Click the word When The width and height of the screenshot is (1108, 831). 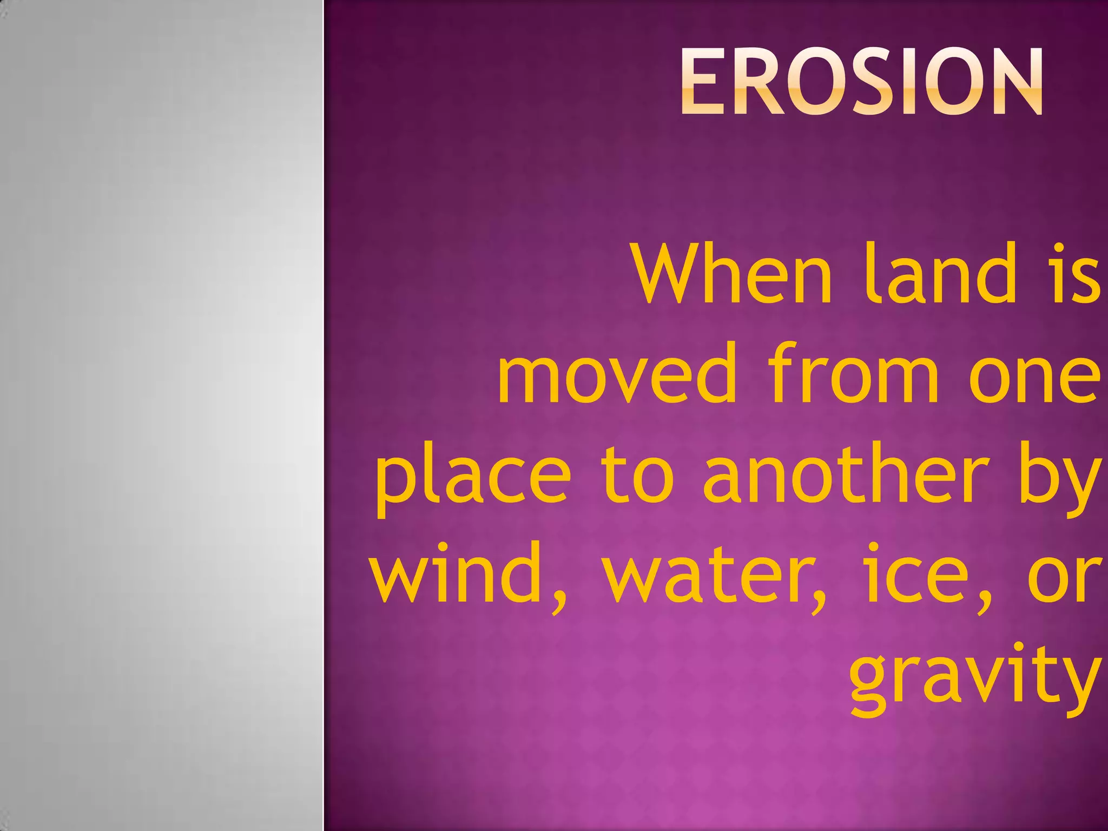733,275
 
